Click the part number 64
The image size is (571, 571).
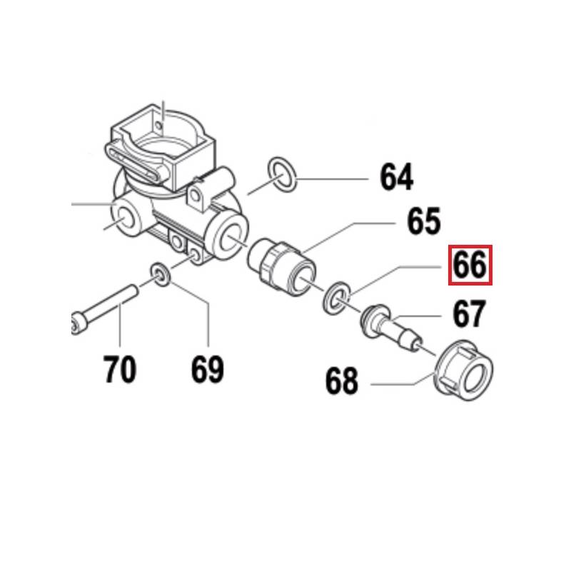click(x=396, y=177)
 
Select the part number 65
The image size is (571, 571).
click(x=424, y=221)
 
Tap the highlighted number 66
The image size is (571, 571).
click(x=470, y=266)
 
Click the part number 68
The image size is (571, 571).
click(x=341, y=381)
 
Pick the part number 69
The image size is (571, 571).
click(x=207, y=369)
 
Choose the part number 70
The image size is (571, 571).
click(x=119, y=369)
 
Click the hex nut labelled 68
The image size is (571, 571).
click(x=464, y=371)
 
